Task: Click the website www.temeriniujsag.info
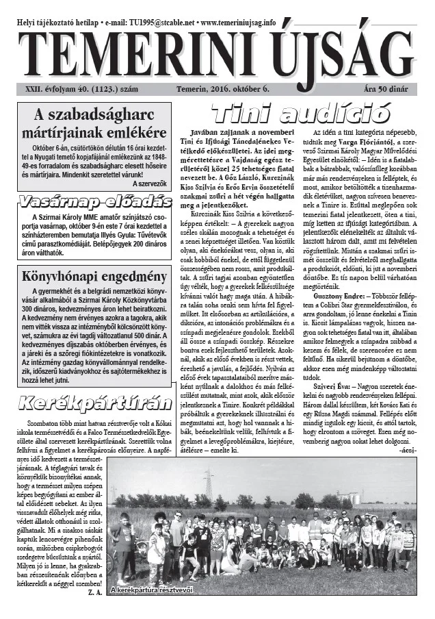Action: click(233, 22)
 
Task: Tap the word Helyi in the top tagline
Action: click(28, 22)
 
